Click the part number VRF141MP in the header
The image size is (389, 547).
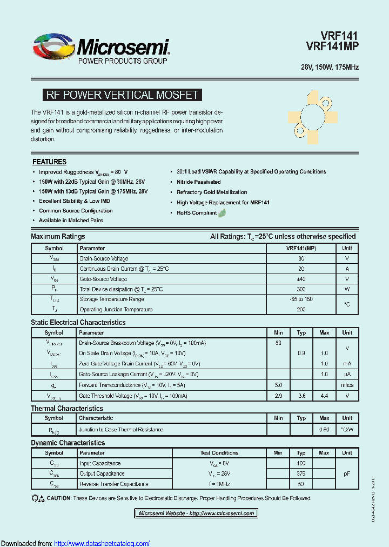tap(332, 47)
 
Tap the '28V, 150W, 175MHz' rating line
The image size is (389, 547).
tap(330, 68)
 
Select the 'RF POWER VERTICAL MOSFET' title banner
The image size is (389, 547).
tap(122, 95)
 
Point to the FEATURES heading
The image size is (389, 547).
tap(49, 162)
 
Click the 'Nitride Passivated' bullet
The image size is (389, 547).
tap(198, 182)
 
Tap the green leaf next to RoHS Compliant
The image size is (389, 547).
tap(222, 212)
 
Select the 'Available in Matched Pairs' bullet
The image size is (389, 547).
tap(70, 221)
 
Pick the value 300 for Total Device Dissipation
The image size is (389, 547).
tap(301, 289)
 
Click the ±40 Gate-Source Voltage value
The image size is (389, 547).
tap(301, 279)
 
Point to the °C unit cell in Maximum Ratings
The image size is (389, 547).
tap(347, 304)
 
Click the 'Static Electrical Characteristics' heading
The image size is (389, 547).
tap(78, 322)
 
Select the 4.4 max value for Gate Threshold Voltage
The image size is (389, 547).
tap(324, 396)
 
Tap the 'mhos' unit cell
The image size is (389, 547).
tap(347, 385)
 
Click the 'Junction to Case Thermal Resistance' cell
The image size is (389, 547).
tap(121, 430)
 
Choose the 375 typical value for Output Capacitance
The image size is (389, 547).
tap(301, 474)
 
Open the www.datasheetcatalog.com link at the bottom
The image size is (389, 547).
tap(102, 543)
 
